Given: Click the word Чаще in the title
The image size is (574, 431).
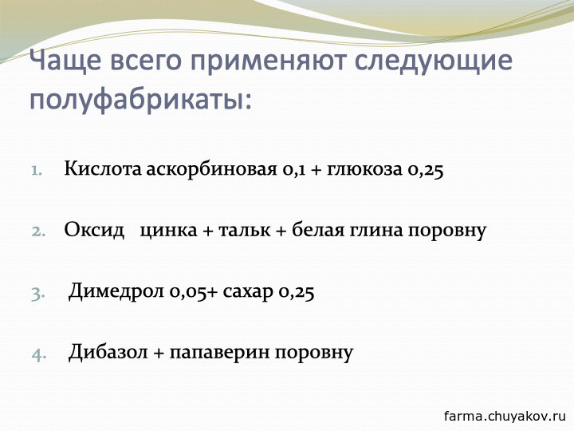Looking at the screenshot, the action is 65,60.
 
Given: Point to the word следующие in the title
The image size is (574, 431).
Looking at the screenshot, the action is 434,62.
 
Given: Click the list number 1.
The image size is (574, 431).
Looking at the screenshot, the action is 36,171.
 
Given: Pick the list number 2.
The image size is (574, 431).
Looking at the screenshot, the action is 38,231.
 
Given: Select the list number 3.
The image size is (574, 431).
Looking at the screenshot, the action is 38,294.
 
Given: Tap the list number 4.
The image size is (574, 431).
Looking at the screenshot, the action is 39,354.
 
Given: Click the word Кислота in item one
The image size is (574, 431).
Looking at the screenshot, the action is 103,168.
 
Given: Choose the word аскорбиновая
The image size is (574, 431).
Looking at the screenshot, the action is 211,170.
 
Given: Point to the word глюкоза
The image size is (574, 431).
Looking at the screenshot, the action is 364,170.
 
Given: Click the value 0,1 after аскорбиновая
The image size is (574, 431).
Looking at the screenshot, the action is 293,171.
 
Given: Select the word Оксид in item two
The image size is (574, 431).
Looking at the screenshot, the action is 94,231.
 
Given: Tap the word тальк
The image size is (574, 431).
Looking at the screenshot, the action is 245,231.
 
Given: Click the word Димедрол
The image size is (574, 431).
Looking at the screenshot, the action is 116,291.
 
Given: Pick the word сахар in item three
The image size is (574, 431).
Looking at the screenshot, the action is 248,292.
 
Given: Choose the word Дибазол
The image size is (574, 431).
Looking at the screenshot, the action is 108,352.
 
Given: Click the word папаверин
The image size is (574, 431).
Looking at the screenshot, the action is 219,353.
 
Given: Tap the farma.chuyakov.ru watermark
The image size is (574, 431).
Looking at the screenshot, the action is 505,417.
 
